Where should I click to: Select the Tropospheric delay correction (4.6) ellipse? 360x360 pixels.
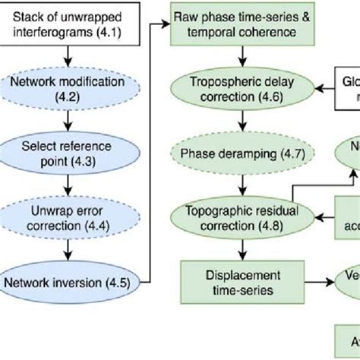[242, 90]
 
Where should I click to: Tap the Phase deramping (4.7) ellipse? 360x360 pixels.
[242, 153]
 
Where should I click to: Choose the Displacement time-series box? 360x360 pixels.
[242, 280]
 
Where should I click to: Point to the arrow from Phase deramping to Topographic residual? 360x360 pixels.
[242, 185]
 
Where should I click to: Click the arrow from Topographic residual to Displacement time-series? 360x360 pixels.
[242, 250]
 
